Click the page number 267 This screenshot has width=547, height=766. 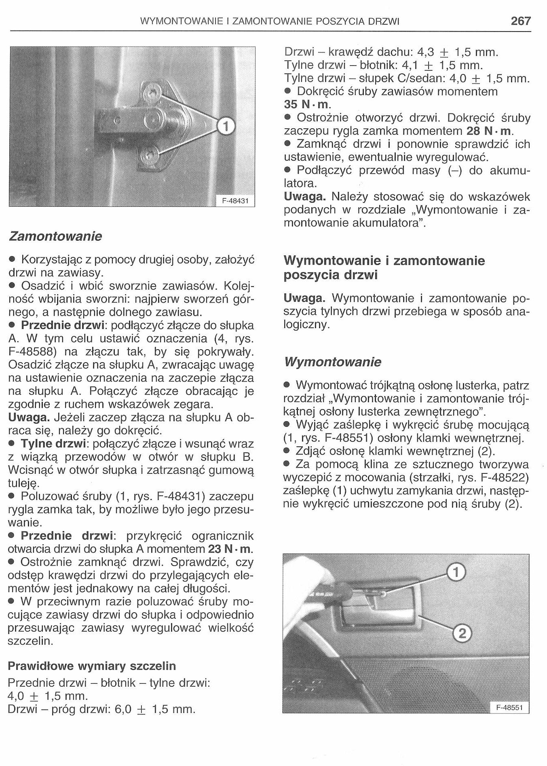pyautogui.click(x=520, y=21)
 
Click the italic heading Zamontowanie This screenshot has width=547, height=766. pyautogui.click(x=55, y=236)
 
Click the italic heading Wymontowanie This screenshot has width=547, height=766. pyautogui.click(x=332, y=362)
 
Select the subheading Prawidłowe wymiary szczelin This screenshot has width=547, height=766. pyautogui.click(x=92, y=666)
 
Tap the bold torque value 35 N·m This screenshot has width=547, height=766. pyautogui.click(x=307, y=104)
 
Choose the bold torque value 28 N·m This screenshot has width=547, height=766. pyautogui.click(x=490, y=131)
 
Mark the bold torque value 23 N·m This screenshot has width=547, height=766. pyautogui.click(x=231, y=549)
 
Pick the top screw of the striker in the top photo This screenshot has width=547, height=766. pyautogui.click(x=150, y=93)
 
